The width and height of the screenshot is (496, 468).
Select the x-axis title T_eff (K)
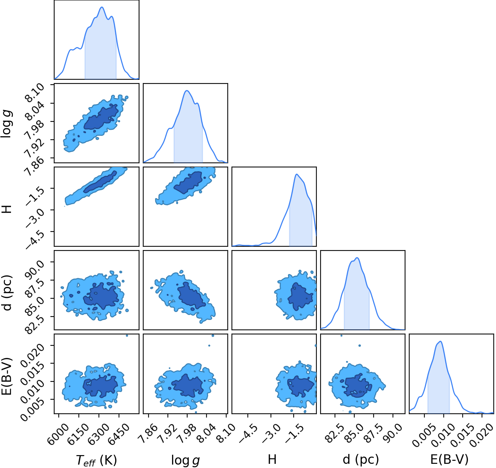tap(96, 460)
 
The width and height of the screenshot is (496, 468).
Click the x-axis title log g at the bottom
tap(185, 460)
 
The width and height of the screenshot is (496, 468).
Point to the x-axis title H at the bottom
tap(272, 460)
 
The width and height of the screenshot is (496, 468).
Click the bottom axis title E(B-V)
tap(449, 460)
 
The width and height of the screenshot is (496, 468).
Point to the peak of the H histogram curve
tap(297, 174)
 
